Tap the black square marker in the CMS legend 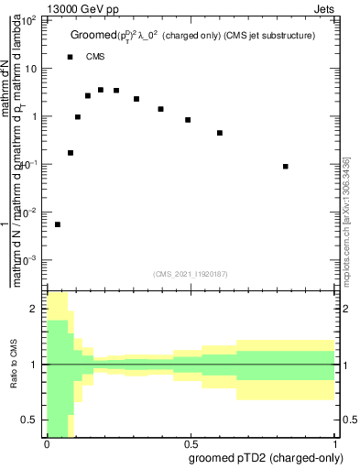click(x=71, y=57)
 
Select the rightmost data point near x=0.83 click(x=287, y=167)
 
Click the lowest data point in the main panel click(x=58, y=224)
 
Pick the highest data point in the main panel click(x=101, y=90)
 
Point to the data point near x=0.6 click(x=220, y=133)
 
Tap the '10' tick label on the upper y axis click(x=32, y=69)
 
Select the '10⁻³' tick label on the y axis click(x=30, y=260)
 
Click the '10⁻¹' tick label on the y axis click(x=30, y=164)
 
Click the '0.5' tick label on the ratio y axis click(x=30, y=420)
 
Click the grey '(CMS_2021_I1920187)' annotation click(x=191, y=273)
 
